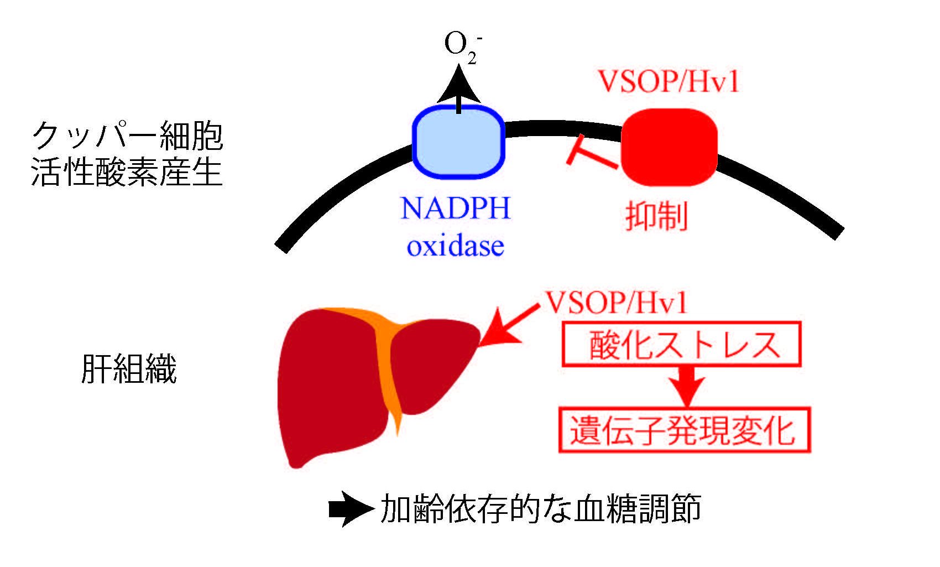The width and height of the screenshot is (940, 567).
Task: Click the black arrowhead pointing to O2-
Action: click(458, 86)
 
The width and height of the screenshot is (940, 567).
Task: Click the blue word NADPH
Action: click(455, 210)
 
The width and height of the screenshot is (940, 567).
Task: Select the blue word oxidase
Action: click(455, 246)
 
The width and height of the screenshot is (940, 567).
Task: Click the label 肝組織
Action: click(129, 369)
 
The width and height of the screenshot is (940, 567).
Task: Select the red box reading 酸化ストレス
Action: click(681, 346)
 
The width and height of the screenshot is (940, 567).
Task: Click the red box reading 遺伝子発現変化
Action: click(685, 430)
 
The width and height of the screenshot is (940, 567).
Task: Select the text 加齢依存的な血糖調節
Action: click(541, 509)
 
